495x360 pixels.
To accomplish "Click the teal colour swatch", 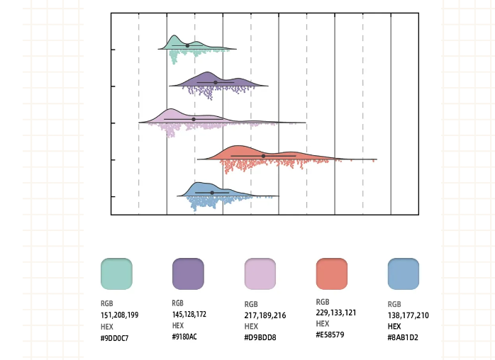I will coord(116,274).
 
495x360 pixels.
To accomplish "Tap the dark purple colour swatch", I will coord(188,274).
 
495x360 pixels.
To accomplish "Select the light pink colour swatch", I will coord(260,274).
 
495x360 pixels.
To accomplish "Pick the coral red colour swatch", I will coord(331,274).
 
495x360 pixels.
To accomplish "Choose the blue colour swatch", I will coord(403,274).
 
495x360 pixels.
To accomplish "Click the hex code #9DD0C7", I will coord(115,337).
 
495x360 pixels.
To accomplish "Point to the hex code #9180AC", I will coord(185,336).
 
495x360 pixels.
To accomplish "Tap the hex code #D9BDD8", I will coord(259,337).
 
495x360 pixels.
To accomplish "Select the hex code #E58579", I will coord(330,334).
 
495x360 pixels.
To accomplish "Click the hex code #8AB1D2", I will coord(403,337).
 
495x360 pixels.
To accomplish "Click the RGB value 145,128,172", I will coord(189,313).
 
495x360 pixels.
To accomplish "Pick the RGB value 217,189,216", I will coord(262,315).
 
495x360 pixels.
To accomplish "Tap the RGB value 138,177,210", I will coord(408,315).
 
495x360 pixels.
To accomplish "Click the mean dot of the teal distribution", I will coord(187,46).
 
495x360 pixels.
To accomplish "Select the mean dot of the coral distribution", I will coord(263,155).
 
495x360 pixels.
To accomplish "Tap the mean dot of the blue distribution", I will coord(211,192).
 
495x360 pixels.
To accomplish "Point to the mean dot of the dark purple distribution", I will coord(216,82).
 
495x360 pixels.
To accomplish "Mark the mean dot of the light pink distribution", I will coord(193,119).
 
